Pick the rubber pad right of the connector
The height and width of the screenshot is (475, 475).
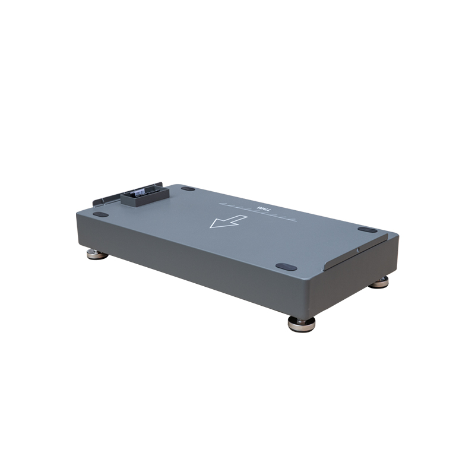coord(188,189)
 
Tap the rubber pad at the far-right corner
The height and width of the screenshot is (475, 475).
coord(367,229)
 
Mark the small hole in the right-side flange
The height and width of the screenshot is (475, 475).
coord(357,250)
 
